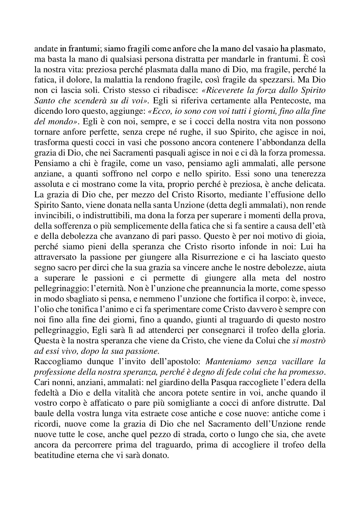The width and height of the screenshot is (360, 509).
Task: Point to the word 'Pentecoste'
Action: (291, 100)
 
